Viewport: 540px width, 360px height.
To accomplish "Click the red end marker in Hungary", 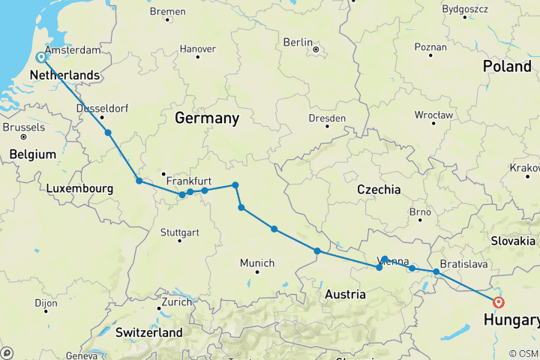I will tap(499, 302).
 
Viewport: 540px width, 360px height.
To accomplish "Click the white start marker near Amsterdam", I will tap(42, 57).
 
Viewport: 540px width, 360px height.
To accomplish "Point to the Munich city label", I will tap(257, 263).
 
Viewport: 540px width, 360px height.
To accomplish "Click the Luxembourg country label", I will tap(79, 189).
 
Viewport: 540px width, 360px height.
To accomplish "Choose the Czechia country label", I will tap(379, 190).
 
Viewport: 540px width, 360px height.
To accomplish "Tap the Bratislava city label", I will tap(465, 265).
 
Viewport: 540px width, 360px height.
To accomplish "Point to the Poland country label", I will tap(506, 66).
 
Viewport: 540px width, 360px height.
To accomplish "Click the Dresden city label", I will tap(327, 118).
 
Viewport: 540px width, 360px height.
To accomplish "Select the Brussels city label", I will tap(24, 127).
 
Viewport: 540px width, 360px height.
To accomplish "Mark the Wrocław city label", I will tap(434, 115).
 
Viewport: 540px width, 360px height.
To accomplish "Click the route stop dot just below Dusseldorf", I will tap(109, 133).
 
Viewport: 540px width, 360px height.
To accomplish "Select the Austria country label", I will tap(345, 295).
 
